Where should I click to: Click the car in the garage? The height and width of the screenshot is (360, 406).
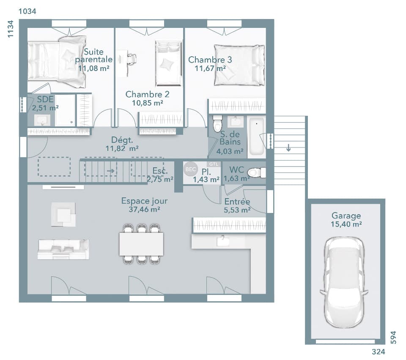click(x=344, y=282)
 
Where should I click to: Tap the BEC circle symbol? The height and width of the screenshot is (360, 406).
click(x=191, y=169)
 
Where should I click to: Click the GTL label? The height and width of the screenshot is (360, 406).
click(x=214, y=164)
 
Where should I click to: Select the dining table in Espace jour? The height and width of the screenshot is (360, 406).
click(x=141, y=244)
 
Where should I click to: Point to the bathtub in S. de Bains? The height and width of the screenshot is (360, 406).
click(x=256, y=137)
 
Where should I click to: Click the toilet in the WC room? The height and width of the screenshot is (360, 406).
click(x=256, y=172)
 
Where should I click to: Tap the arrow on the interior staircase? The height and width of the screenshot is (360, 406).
click(x=111, y=171)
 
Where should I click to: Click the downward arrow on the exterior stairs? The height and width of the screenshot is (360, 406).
click(x=288, y=147)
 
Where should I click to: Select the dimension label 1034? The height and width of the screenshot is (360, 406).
click(x=27, y=11)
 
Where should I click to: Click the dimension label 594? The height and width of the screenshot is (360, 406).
click(x=393, y=337)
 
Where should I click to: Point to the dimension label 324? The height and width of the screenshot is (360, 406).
click(x=379, y=352)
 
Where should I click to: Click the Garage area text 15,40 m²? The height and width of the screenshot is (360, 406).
click(x=346, y=224)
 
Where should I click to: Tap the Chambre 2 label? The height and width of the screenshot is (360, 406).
click(x=147, y=94)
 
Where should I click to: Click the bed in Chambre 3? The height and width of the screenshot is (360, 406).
click(x=239, y=65)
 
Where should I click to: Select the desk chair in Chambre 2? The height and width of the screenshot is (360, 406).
click(x=132, y=60)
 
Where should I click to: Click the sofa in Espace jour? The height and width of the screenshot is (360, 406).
click(x=63, y=249)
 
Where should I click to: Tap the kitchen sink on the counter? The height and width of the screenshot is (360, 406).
click(x=223, y=241)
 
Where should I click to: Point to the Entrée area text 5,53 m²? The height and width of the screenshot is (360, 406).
click(x=237, y=210)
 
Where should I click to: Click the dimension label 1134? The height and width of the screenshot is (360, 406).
click(x=10, y=29)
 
